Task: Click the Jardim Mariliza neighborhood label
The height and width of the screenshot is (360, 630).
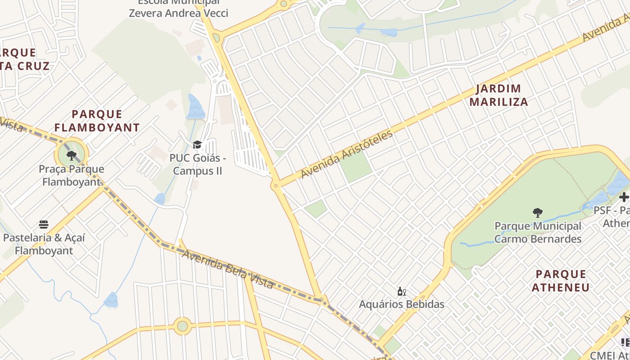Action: (x=499, y=95)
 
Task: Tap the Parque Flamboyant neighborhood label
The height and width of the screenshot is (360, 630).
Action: (x=97, y=121)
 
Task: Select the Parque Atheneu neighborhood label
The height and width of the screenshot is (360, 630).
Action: (x=561, y=281)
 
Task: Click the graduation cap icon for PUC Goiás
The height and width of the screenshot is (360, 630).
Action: (x=197, y=145)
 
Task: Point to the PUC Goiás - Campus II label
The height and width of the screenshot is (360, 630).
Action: (x=198, y=165)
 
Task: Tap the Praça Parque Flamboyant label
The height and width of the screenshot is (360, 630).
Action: (x=72, y=175)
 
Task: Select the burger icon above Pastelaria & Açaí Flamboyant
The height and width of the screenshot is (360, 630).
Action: (x=44, y=225)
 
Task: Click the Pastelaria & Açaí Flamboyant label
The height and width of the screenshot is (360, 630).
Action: (x=44, y=244)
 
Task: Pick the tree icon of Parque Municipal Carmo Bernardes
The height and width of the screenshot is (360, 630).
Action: (x=537, y=213)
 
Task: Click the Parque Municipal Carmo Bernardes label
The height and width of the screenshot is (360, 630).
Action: (x=538, y=232)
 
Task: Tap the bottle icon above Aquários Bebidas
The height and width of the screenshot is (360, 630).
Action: (x=401, y=292)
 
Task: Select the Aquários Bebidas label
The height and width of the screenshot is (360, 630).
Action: (x=401, y=304)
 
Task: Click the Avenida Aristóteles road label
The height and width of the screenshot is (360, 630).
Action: (x=347, y=154)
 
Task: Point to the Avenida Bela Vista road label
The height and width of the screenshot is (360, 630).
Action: (x=227, y=269)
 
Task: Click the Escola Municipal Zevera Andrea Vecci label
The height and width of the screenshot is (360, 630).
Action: (x=178, y=9)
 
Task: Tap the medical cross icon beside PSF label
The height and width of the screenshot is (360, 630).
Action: (x=624, y=197)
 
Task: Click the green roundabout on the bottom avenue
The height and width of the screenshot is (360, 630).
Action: (x=182, y=326)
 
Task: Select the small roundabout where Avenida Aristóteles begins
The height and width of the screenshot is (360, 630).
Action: (x=275, y=185)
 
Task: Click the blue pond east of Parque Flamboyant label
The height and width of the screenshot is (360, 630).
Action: (x=195, y=108)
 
